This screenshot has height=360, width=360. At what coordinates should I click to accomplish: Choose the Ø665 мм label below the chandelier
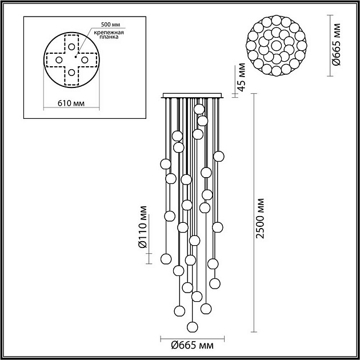click(193, 345)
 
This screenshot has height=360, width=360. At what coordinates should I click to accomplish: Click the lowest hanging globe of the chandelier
click(192, 327)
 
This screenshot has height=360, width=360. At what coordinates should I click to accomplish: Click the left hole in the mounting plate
click(58, 59)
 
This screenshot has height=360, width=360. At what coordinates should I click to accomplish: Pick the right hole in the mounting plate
click(84, 59)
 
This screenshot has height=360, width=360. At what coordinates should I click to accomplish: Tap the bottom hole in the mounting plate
click(71, 72)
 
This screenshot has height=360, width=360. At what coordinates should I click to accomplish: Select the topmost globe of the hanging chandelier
click(198, 109)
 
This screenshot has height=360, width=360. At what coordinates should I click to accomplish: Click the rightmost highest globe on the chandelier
click(218, 156)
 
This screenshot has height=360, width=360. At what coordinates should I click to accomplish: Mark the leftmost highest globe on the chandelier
click(165, 164)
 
